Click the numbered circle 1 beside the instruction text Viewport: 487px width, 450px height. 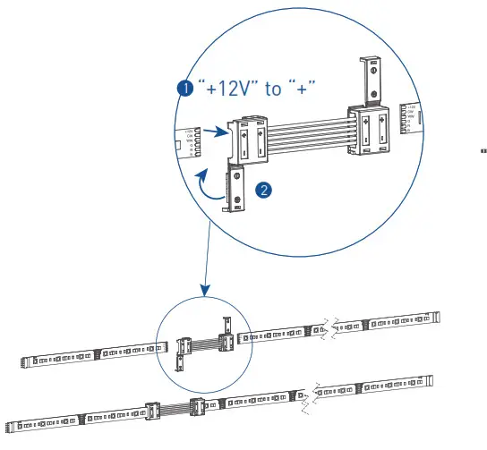tap(184, 89)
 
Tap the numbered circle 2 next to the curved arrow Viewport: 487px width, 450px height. tap(262, 190)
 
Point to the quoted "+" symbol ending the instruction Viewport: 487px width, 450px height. tap(310, 89)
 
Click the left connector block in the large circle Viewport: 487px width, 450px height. tap(250, 143)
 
